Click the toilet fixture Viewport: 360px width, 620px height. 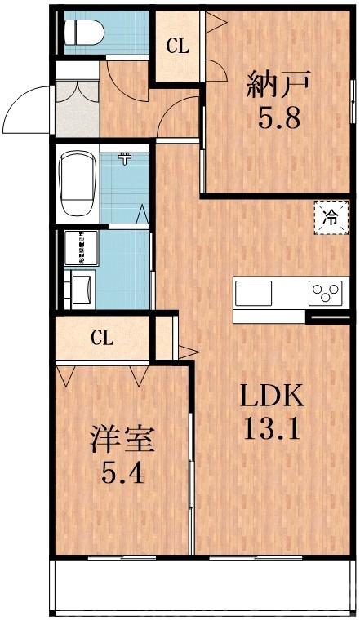[81, 32]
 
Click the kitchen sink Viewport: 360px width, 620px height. [254, 292]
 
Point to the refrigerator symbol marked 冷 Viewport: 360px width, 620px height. [331, 218]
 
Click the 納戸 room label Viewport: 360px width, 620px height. [277, 84]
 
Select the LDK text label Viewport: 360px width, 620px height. [271, 397]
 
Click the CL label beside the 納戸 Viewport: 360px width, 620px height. [178, 46]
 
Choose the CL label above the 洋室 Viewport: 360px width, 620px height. [101, 337]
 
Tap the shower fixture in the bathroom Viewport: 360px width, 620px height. [126, 158]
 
